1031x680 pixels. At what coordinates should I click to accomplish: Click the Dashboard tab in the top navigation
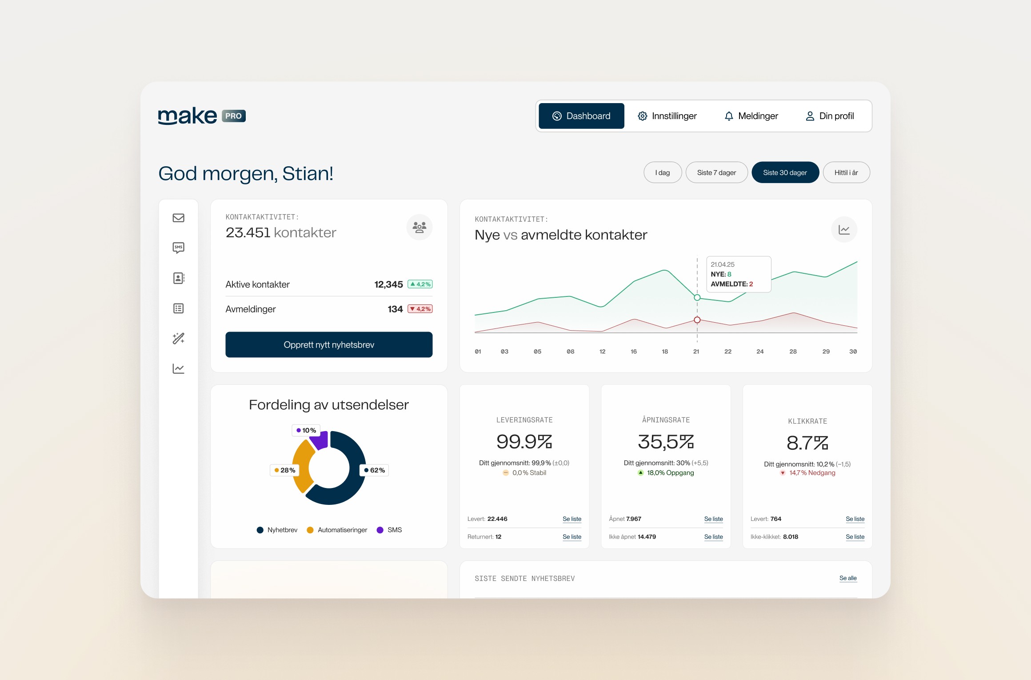581,116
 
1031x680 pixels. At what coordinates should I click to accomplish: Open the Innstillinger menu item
667,116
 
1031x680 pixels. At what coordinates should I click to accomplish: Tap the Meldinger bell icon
729,116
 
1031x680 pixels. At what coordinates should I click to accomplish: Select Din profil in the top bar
830,116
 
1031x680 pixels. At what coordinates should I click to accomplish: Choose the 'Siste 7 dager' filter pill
716,172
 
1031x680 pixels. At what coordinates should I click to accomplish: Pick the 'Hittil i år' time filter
846,172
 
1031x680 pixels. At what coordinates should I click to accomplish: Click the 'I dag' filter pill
663,172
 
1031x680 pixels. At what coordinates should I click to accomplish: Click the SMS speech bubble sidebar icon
179,248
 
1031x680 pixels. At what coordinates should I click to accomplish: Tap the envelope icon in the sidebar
179,218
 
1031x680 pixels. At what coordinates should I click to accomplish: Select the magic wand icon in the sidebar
179,339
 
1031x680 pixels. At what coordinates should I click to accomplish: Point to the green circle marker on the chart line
697,298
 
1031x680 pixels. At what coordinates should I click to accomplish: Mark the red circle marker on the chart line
697,320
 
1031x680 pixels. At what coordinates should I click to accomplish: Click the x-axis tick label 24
760,352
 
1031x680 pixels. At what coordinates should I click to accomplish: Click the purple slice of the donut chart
319,440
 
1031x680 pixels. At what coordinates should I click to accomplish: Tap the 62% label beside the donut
374,470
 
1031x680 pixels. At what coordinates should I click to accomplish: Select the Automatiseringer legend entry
337,530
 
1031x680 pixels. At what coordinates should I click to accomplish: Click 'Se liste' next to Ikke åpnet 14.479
713,537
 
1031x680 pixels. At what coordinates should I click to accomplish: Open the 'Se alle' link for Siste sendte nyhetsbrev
848,578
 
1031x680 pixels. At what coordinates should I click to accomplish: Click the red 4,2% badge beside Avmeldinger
420,309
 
